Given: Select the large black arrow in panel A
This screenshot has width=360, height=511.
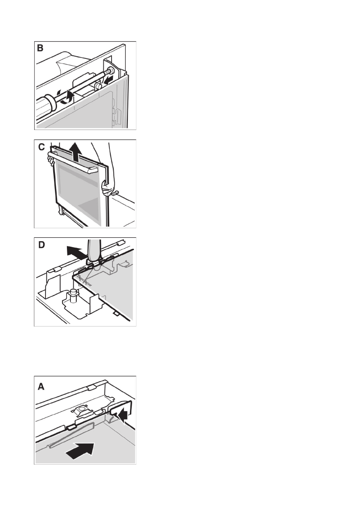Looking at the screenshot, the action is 80,451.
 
